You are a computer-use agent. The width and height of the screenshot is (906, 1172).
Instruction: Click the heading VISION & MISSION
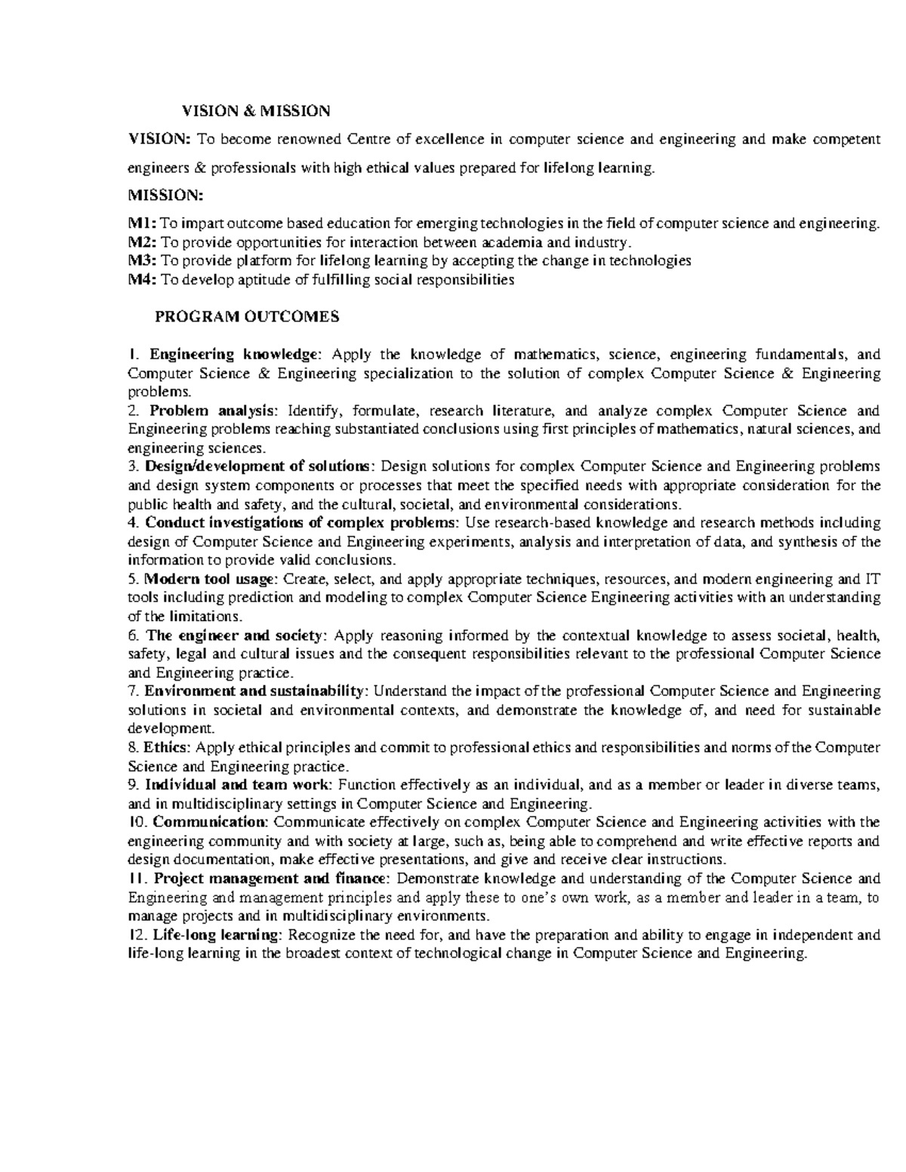tap(255, 111)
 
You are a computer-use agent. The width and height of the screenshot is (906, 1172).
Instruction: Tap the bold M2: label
tap(143, 242)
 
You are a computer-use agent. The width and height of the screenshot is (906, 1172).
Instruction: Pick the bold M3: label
tap(143, 261)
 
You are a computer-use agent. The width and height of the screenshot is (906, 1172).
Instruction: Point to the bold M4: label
tap(143, 280)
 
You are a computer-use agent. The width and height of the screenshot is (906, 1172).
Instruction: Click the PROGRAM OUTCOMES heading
tap(247, 317)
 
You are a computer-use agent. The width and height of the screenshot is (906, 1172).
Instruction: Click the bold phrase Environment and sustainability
tap(254, 691)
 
